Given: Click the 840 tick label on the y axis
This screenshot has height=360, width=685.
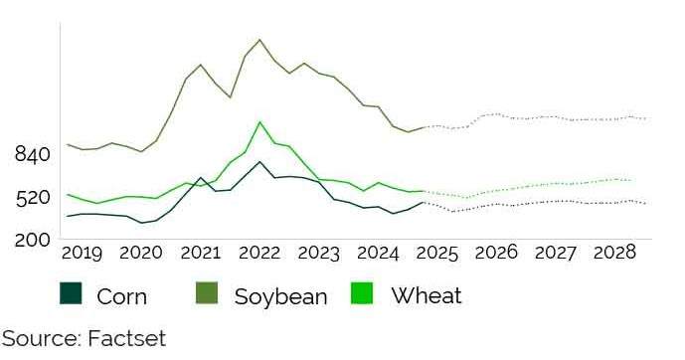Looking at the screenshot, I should [33, 154].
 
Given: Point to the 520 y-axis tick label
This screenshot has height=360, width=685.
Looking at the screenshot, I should [33, 197].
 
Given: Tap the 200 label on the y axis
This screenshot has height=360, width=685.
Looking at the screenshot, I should [33, 240].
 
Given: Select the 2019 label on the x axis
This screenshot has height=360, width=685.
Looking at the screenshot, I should [82, 254].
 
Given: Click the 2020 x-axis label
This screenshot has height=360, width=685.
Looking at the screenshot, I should [140, 254].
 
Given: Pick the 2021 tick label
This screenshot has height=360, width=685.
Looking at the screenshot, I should [200, 254].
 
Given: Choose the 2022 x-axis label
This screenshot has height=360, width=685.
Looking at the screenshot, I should [259, 254].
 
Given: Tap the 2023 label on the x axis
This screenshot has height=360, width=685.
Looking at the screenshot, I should [318, 254].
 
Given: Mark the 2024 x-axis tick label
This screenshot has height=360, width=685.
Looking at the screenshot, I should [378, 254].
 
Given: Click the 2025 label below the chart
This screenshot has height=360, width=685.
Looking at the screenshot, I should [437, 254].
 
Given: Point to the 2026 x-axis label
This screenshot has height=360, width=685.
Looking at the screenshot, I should [496, 254].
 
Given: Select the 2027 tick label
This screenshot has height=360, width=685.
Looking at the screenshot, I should [555, 254].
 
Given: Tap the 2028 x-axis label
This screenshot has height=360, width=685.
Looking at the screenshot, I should [614, 254].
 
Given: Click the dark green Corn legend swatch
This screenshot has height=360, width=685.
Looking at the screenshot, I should [71, 294].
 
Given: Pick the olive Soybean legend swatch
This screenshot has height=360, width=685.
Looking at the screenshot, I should [207, 294].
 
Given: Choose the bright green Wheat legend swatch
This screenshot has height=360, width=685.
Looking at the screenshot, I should [363, 294].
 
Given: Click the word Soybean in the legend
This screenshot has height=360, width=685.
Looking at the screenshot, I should [280, 296].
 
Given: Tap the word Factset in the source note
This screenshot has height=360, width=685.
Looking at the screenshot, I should [127, 338].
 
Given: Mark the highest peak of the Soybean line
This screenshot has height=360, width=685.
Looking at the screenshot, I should [259, 40].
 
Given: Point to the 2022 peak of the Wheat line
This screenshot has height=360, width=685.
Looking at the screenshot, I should [259, 122].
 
